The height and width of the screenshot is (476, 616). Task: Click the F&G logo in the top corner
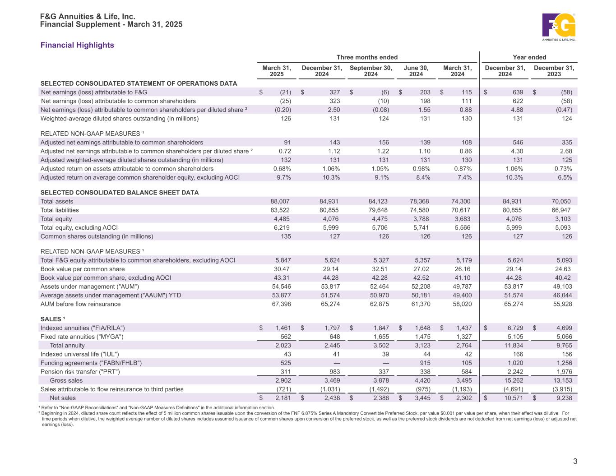559,27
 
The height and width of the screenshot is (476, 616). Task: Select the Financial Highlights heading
77,45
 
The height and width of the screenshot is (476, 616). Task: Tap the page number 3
575,461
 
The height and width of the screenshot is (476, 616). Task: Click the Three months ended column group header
367,57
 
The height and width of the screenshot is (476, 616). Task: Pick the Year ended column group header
529,57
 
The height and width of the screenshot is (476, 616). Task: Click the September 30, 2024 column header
371,71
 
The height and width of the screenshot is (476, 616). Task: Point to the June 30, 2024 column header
416,71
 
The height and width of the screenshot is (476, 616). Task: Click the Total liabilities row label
60,210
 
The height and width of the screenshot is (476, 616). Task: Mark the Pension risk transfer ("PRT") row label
80,372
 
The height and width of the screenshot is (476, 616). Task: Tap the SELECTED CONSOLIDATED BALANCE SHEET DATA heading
120,193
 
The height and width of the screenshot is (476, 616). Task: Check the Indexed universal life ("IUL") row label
80,354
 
